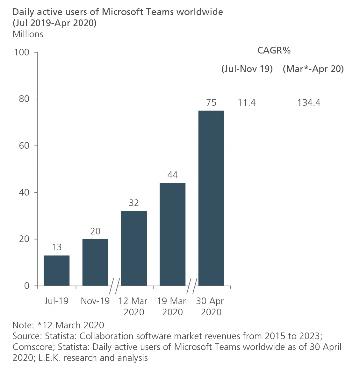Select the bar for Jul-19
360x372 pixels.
point(56,270)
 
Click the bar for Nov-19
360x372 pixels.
point(95,262)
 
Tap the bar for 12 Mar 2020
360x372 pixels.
point(134,248)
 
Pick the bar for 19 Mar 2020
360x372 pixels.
point(172,234)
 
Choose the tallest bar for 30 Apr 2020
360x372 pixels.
point(211,198)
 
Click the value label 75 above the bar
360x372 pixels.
point(211,103)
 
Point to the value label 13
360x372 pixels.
point(56,247)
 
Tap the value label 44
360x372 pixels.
point(172,175)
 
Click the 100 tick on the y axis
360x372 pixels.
point(22,52)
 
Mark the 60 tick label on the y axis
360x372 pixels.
point(24,146)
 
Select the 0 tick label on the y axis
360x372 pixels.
point(26,286)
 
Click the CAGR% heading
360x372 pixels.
point(274,50)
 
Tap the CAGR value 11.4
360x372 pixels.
point(247,103)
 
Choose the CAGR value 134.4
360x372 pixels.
point(309,103)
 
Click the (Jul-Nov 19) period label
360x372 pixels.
point(247,69)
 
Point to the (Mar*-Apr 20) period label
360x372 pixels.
point(313,69)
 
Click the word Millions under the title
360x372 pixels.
point(28,34)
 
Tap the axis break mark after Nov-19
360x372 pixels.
point(114,286)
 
